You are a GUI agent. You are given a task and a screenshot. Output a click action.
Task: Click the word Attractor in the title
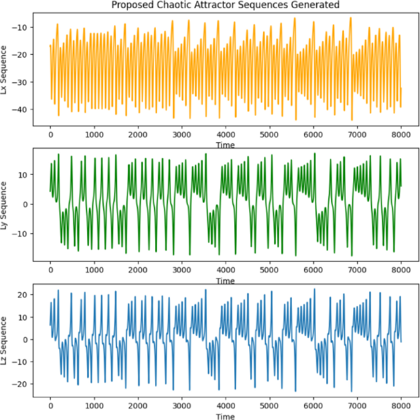219,5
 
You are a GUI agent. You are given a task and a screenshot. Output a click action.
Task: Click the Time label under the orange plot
225,145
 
